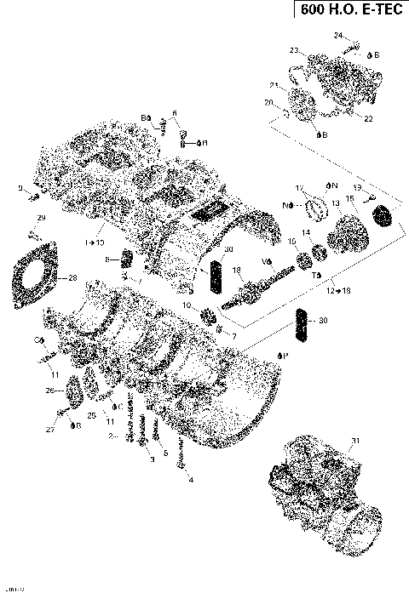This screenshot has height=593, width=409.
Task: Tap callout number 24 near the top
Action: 337,35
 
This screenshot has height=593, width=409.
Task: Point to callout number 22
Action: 368,118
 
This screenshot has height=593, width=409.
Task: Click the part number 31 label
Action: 354,439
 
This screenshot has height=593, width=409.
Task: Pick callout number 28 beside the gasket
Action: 72,278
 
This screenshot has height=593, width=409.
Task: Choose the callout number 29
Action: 41,220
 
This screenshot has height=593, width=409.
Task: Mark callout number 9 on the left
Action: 20,188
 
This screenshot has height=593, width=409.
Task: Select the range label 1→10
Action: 93,242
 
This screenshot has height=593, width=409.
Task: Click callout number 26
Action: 49,391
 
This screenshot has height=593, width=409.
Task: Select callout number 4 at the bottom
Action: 190,480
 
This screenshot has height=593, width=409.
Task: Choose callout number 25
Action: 91,414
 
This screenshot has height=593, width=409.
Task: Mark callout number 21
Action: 274,85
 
